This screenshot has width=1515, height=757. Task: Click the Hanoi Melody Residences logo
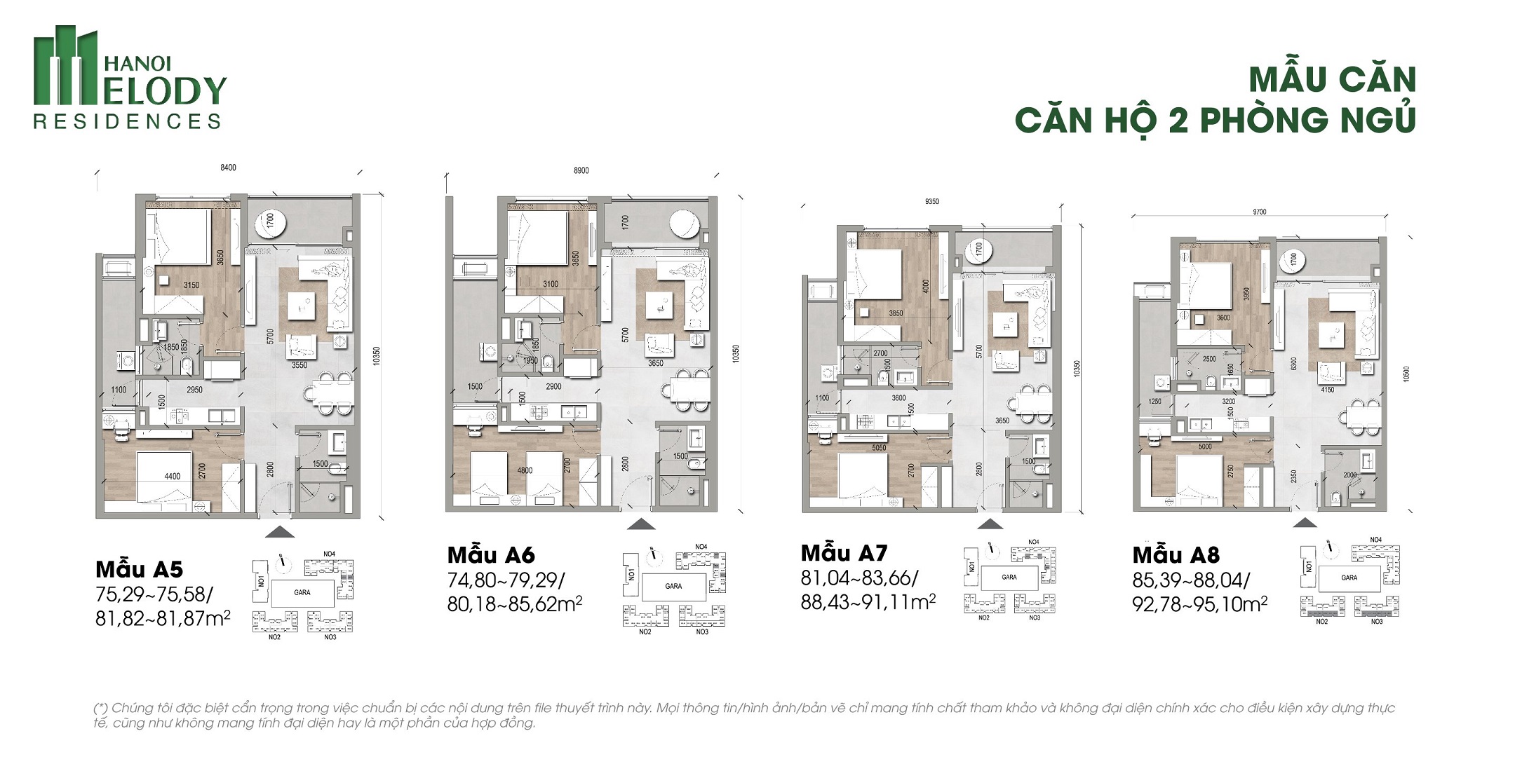tap(130, 79)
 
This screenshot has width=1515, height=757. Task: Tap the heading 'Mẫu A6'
tap(491, 555)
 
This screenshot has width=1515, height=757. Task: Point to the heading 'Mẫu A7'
tap(844, 553)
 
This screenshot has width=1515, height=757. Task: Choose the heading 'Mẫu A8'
tap(1176, 555)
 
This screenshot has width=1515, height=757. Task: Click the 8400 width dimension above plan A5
tap(228, 168)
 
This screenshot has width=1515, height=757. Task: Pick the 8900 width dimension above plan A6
tap(581, 170)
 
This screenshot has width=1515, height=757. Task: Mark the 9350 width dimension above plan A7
tap(931, 201)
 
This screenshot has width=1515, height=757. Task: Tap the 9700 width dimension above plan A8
tap(1260, 212)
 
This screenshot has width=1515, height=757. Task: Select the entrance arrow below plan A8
tap(1305, 522)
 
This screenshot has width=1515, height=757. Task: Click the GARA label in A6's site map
tap(673, 586)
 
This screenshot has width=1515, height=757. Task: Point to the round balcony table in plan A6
tap(684, 224)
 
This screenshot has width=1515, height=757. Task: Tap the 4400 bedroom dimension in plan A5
tap(172, 476)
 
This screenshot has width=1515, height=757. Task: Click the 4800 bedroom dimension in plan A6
tap(525, 470)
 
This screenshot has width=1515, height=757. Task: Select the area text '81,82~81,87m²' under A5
tap(163, 619)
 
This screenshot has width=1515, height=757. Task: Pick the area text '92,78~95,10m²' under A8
tap(1199, 604)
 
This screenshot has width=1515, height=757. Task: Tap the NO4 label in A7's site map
tap(1033, 542)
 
